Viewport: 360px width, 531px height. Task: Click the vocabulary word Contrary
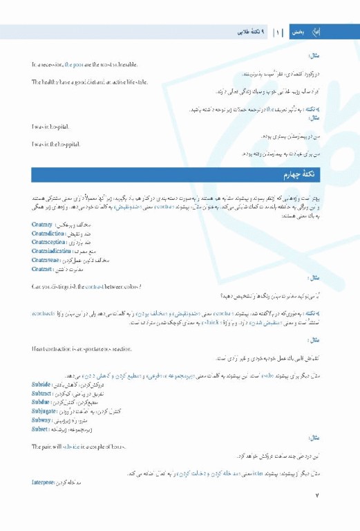[x=42, y=225]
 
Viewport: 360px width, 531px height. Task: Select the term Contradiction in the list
[x=48, y=234]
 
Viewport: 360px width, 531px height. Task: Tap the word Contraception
[x=48, y=243]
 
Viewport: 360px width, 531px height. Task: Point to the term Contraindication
[x=50, y=252]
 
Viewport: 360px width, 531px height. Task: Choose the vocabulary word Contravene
[x=46, y=261]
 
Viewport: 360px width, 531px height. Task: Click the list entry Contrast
[x=43, y=270]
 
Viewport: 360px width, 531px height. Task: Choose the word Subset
[x=40, y=429]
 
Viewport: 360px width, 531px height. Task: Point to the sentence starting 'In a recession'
[x=84, y=64]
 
